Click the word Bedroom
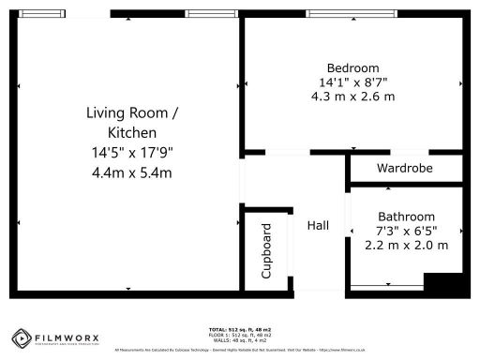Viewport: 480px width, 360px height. [x=352, y=67]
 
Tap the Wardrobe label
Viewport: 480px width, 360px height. [x=404, y=169]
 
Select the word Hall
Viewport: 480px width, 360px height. [x=318, y=226]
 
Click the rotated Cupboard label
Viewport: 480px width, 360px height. [x=266, y=251]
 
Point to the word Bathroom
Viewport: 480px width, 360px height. [x=406, y=215]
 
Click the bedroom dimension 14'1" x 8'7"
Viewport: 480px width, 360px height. [x=352, y=82]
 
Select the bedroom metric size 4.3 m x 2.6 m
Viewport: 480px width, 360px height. [x=352, y=97]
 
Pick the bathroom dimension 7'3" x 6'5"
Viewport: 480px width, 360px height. [x=406, y=230]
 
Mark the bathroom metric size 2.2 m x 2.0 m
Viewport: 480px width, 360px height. [x=406, y=245]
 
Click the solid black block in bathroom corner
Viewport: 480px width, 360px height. [x=443, y=284]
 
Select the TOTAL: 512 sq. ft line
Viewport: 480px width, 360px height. [x=240, y=330]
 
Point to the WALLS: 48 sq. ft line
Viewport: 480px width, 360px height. [x=240, y=339]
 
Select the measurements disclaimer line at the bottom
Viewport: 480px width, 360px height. [x=240, y=350]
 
